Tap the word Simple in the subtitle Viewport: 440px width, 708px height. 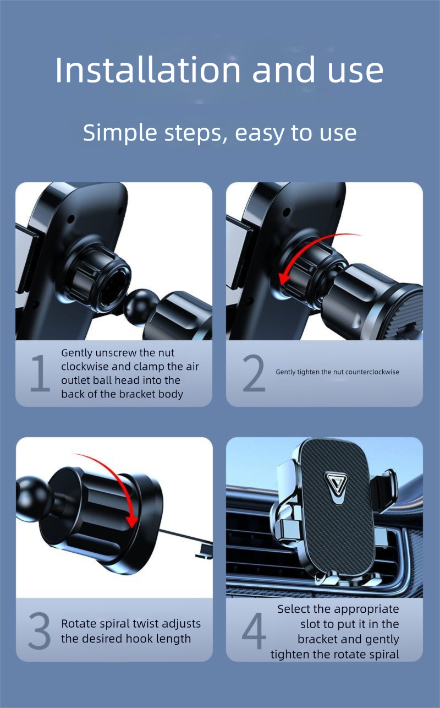[x=120, y=133]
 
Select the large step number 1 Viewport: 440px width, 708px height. [x=40, y=373]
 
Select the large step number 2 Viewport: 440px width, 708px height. [x=254, y=373]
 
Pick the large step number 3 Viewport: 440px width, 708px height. [x=40, y=631]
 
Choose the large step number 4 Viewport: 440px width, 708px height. [x=254, y=630]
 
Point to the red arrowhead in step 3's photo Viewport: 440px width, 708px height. [x=133, y=522]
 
